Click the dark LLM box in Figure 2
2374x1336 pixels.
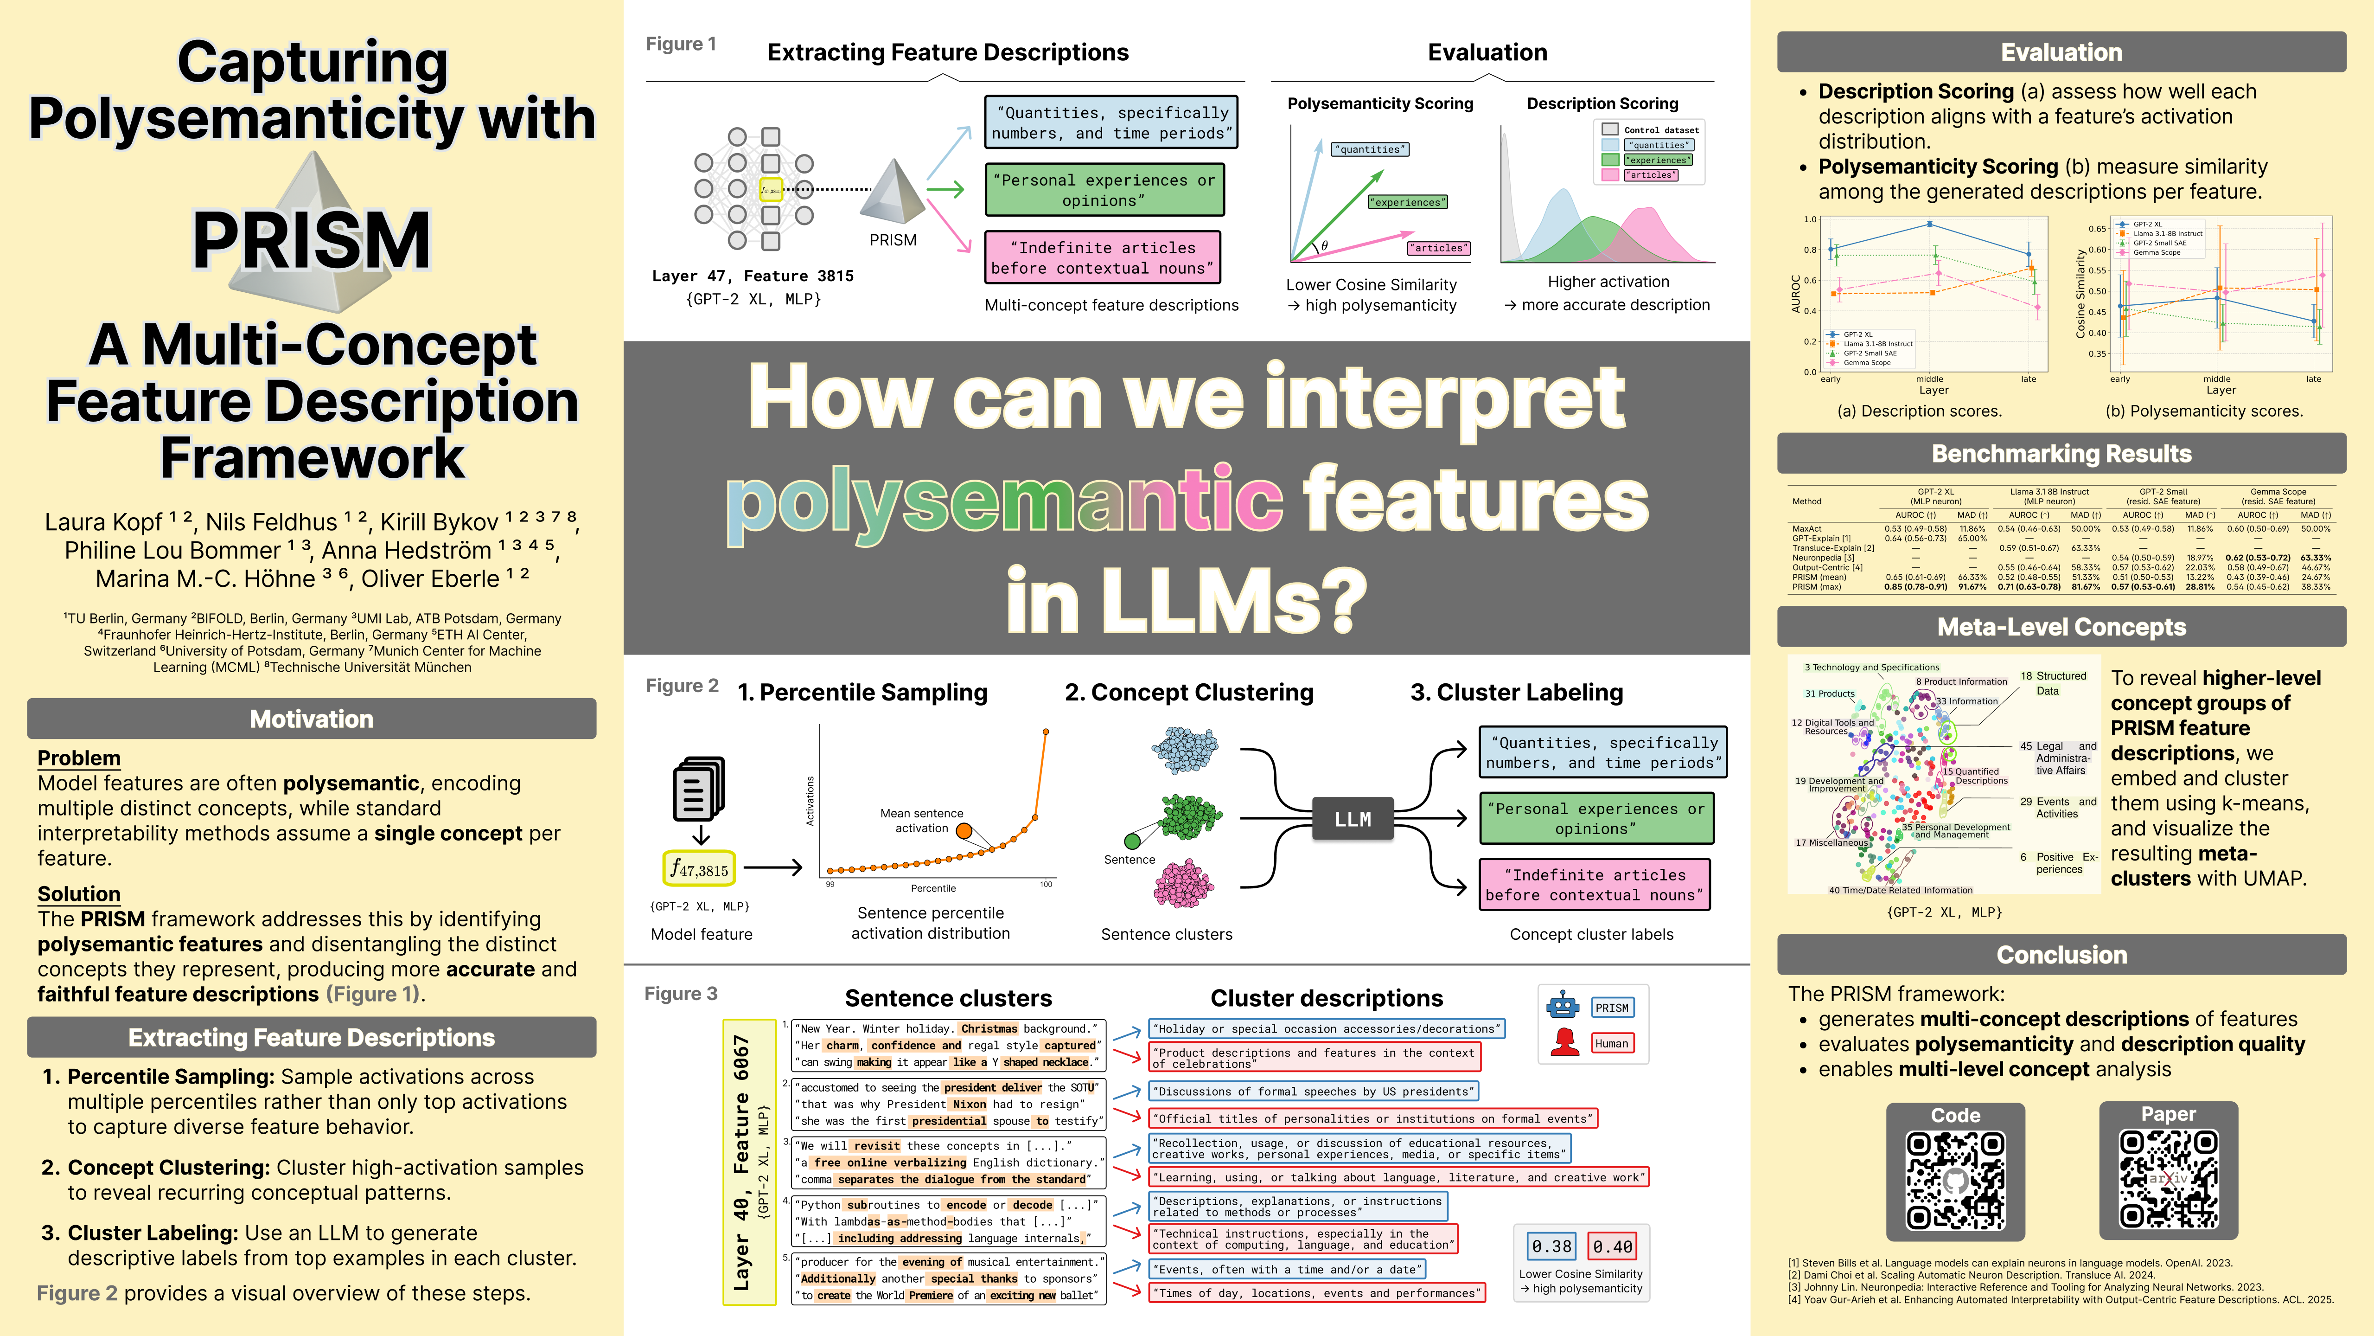[x=1352, y=819]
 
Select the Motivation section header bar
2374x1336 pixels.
[x=312, y=718]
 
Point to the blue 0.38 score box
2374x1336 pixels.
[x=1551, y=1246]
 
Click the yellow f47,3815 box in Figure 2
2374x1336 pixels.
[x=700, y=868]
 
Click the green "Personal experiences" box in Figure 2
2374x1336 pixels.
[x=1596, y=818]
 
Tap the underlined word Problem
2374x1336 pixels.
[x=79, y=758]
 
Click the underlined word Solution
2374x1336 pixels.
[x=79, y=893]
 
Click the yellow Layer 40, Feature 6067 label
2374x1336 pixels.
[x=748, y=1162]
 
